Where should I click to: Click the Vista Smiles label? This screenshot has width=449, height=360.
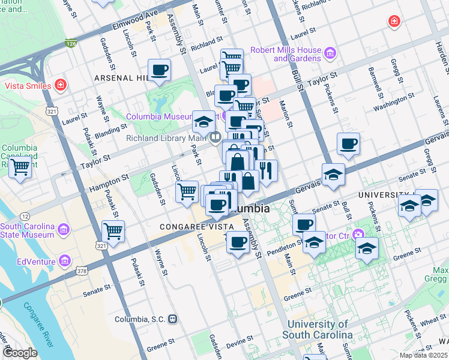(28, 86)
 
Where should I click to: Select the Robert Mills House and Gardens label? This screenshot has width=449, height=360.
(286, 54)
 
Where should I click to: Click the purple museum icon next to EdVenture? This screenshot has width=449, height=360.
(64, 261)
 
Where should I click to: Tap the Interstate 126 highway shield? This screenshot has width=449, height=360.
(71, 44)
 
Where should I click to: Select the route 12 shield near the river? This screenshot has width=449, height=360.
(25, 215)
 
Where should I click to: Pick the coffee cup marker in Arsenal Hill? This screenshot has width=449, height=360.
(160, 69)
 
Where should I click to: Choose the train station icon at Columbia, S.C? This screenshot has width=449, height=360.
(173, 319)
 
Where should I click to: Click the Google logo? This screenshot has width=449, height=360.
(20, 352)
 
